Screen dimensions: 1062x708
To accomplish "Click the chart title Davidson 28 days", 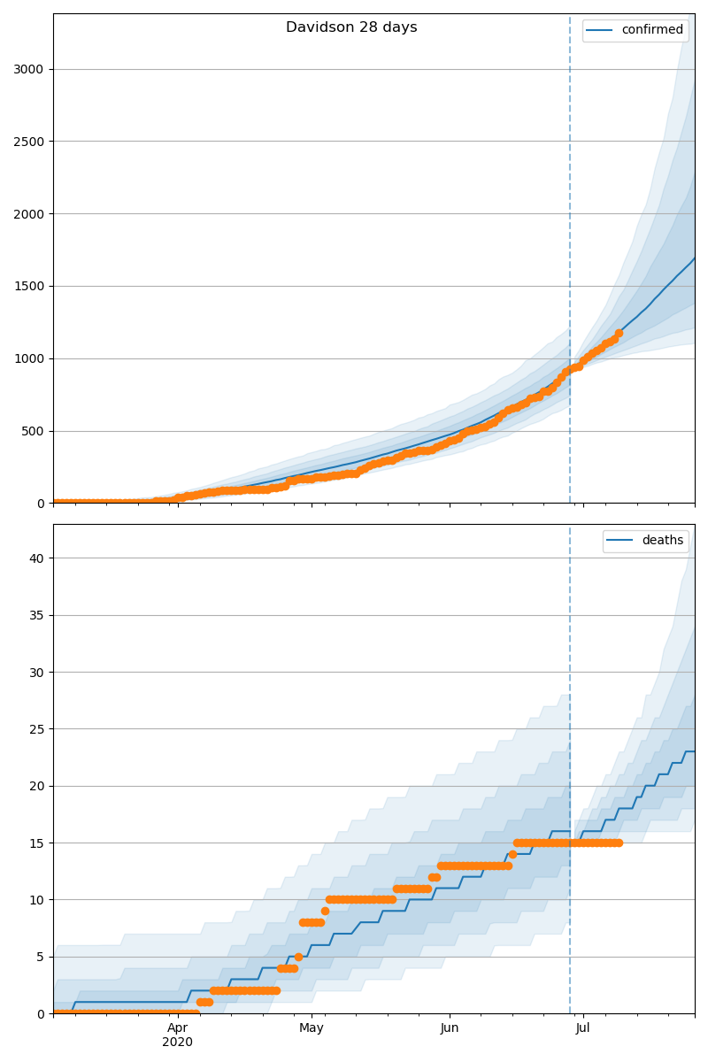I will (351, 27).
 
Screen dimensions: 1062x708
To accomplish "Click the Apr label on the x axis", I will (177, 1028).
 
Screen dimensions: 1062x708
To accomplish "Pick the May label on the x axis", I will (312, 1028).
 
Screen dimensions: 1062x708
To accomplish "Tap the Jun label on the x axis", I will (450, 1028).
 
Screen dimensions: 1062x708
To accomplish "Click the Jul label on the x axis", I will (583, 1028).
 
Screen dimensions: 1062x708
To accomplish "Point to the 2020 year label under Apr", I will (177, 1043).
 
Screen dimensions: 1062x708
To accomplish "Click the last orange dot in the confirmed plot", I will (619, 333).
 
